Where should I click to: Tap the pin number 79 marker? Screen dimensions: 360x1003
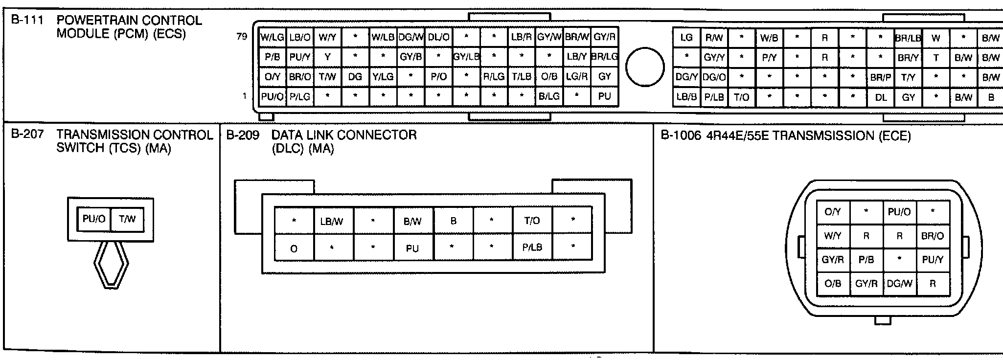242,37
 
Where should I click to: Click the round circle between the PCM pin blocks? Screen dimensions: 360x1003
645,67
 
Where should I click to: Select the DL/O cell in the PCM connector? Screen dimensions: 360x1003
439,37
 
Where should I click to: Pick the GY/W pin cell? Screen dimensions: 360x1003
549,37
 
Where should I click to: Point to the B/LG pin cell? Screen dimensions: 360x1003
549,96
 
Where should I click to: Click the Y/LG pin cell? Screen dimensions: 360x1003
383,77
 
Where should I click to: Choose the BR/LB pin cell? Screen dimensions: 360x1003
908,38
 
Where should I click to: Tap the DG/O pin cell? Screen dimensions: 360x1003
714,77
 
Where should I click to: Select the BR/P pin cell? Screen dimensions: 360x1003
880,77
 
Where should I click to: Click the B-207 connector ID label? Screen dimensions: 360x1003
27,135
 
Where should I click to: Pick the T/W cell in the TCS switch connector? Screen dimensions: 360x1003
127,219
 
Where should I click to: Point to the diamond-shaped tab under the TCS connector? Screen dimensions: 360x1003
111,265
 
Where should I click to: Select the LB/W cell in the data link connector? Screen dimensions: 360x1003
332,221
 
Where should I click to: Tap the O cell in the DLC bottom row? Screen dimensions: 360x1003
294,248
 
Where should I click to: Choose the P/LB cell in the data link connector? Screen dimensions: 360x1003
532,247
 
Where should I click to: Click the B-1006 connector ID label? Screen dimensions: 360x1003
681,135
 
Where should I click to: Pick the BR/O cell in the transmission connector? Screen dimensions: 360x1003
932,236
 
